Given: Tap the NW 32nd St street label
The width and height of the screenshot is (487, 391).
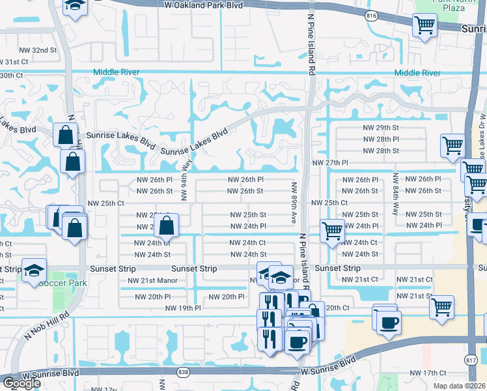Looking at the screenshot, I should (35, 50).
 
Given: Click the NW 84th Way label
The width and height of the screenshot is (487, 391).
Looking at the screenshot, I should (395, 194).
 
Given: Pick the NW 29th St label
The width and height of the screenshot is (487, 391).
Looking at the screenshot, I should (381, 128).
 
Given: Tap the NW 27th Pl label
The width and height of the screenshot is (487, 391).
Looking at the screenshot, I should (330, 163).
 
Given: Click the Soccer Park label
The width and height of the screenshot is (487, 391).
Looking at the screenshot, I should (44, 283).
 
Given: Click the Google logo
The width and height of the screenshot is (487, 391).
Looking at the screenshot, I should (21, 383).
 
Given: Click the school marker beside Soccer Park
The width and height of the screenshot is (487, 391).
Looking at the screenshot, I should (33, 271).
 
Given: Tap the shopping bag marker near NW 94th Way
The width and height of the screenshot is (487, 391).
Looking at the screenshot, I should (167, 227).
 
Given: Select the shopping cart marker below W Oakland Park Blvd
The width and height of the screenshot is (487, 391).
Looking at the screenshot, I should (424, 26).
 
